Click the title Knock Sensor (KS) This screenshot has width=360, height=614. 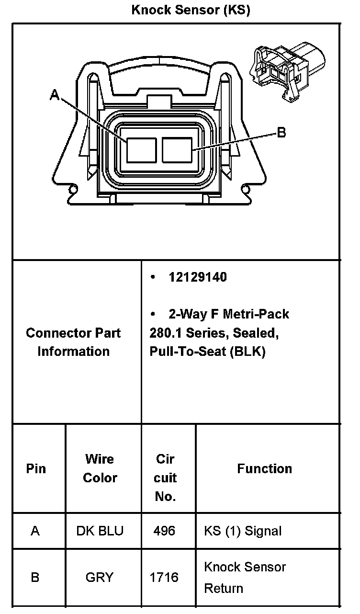[191, 10]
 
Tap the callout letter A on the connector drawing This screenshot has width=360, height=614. [55, 96]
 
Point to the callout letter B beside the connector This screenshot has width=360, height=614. [281, 133]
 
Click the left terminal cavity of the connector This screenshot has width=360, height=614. [141, 150]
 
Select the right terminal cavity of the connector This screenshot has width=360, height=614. [177, 150]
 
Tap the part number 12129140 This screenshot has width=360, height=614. [198, 277]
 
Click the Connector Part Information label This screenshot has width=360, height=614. [73, 342]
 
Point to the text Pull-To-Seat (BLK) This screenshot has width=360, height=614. [207, 352]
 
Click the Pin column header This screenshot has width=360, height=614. [36, 468]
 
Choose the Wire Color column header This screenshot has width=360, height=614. [100, 468]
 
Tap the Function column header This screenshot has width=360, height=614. [264, 468]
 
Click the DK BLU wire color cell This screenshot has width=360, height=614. [100, 531]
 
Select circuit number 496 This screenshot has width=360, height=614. [164, 531]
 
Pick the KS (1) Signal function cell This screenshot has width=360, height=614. [243, 531]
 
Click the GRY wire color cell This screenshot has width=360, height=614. [100, 578]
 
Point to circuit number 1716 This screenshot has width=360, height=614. [164, 578]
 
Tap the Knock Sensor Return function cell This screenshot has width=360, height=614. [245, 578]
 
